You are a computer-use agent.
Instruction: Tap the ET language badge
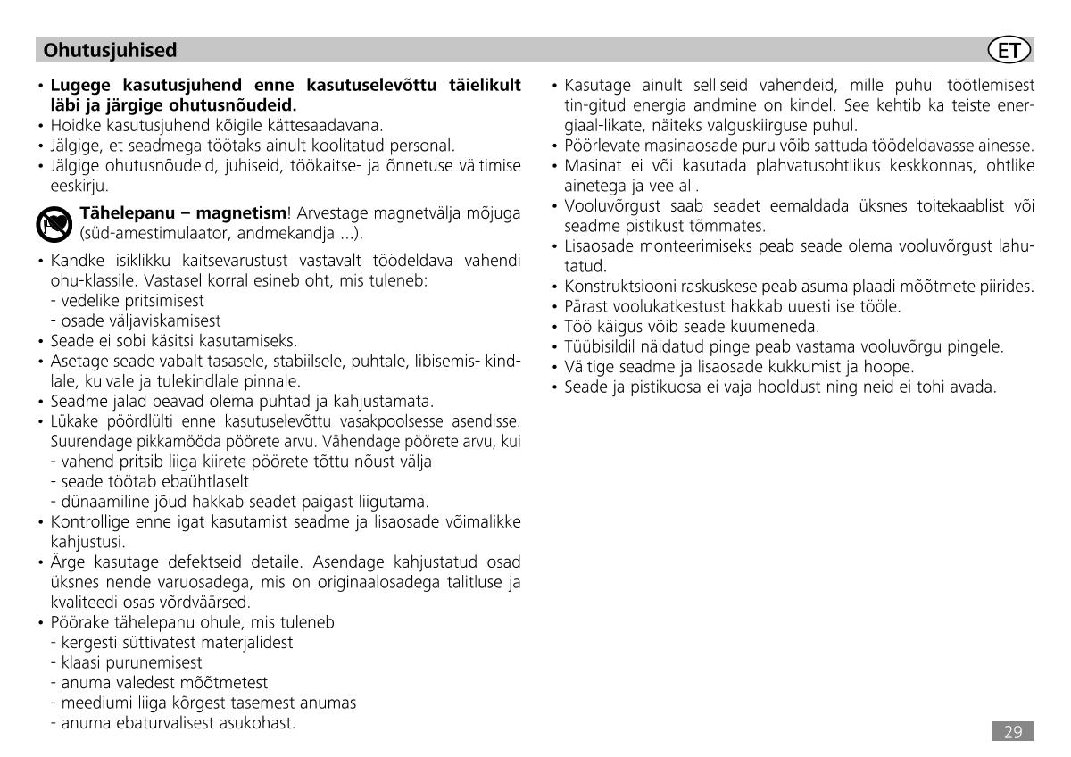[1011, 50]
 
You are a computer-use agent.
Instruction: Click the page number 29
[1012, 732]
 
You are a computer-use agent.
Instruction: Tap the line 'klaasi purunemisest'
[126, 662]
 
